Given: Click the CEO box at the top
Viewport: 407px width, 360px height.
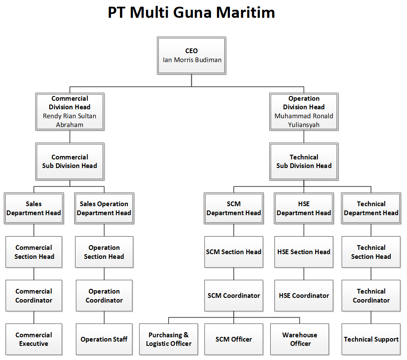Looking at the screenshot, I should click(x=191, y=56).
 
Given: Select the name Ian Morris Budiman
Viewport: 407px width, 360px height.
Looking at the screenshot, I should click(x=192, y=60).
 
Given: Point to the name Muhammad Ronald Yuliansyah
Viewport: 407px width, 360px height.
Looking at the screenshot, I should click(x=304, y=120).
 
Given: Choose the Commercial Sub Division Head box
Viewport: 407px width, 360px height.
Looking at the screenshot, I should click(x=69, y=162).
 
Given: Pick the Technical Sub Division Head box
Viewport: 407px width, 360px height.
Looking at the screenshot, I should click(x=304, y=162).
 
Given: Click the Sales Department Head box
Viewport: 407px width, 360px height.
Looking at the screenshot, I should click(x=34, y=208).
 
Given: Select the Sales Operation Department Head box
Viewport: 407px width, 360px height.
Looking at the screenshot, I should click(x=104, y=208).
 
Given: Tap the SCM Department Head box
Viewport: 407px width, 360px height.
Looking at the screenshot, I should click(x=234, y=208).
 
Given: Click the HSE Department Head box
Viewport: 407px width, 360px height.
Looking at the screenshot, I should click(x=304, y=208).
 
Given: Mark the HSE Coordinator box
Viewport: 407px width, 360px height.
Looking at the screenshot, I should click(x=304, y=296).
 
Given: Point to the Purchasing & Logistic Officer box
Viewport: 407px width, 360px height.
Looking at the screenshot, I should click(x=169, y=339).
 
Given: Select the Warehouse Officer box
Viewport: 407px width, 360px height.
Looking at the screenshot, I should click(x=300, y=339).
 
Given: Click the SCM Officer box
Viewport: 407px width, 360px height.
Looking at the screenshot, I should click(x=234, y=339).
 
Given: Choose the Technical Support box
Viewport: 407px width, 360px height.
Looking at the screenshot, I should click(x=371, y=339).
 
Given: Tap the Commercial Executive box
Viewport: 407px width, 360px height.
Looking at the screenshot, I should click(x=34, y=339).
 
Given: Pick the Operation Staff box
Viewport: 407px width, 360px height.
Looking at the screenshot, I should click(x=104, y=339).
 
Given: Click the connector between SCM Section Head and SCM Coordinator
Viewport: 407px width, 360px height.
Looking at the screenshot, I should click(x=234, y=274).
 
